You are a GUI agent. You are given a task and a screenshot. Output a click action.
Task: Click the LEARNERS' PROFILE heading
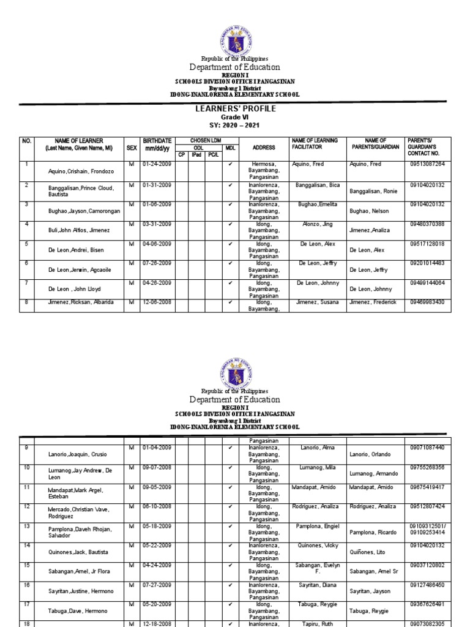click(x=235, y=109)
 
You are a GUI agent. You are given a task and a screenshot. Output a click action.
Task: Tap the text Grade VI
click(x=235, y=117)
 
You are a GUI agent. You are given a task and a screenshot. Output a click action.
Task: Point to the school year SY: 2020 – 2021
click(x=235, y=126)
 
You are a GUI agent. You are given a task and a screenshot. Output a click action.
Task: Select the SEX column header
click(x=132, y=148)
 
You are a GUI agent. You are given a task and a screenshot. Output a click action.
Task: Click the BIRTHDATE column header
click(x=157, y=145)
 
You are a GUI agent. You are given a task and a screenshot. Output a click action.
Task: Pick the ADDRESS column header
click(x=264, y=148)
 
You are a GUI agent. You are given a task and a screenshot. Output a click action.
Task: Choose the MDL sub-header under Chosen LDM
click(x=229, y=148)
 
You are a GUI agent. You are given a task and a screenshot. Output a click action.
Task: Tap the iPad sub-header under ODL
click(x=196, y=154)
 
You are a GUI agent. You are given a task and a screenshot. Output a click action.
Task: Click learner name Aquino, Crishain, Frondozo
click(x=76, y=171)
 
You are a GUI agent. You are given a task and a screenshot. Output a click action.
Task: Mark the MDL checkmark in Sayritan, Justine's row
click(x=229, y=585)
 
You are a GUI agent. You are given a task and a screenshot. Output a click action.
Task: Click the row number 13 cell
click(x=26, y=526)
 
